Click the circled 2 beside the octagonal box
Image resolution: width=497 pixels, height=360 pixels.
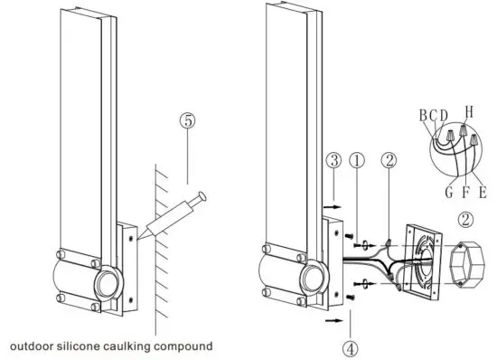(464, 219)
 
